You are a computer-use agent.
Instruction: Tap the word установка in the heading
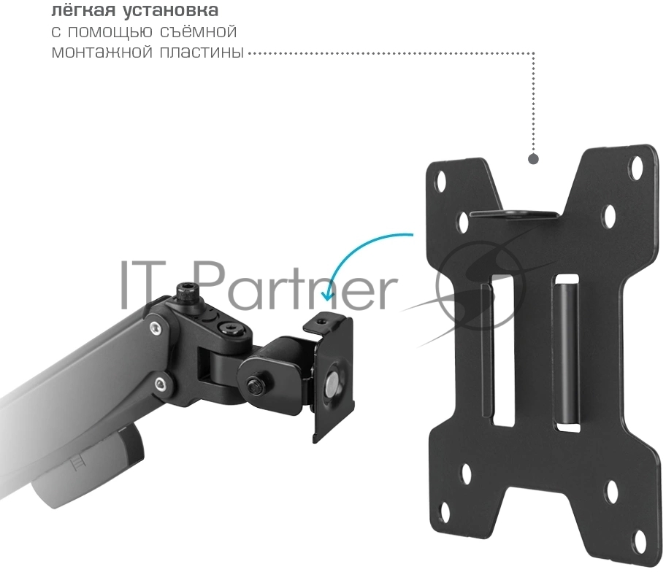pos(171,10)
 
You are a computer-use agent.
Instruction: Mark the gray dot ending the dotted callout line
pos(534,159)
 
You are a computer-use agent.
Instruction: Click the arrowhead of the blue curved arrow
pos(326,295)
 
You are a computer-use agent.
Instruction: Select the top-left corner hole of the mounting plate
pos(441,179)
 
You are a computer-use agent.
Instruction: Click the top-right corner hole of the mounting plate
pos(638,167)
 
